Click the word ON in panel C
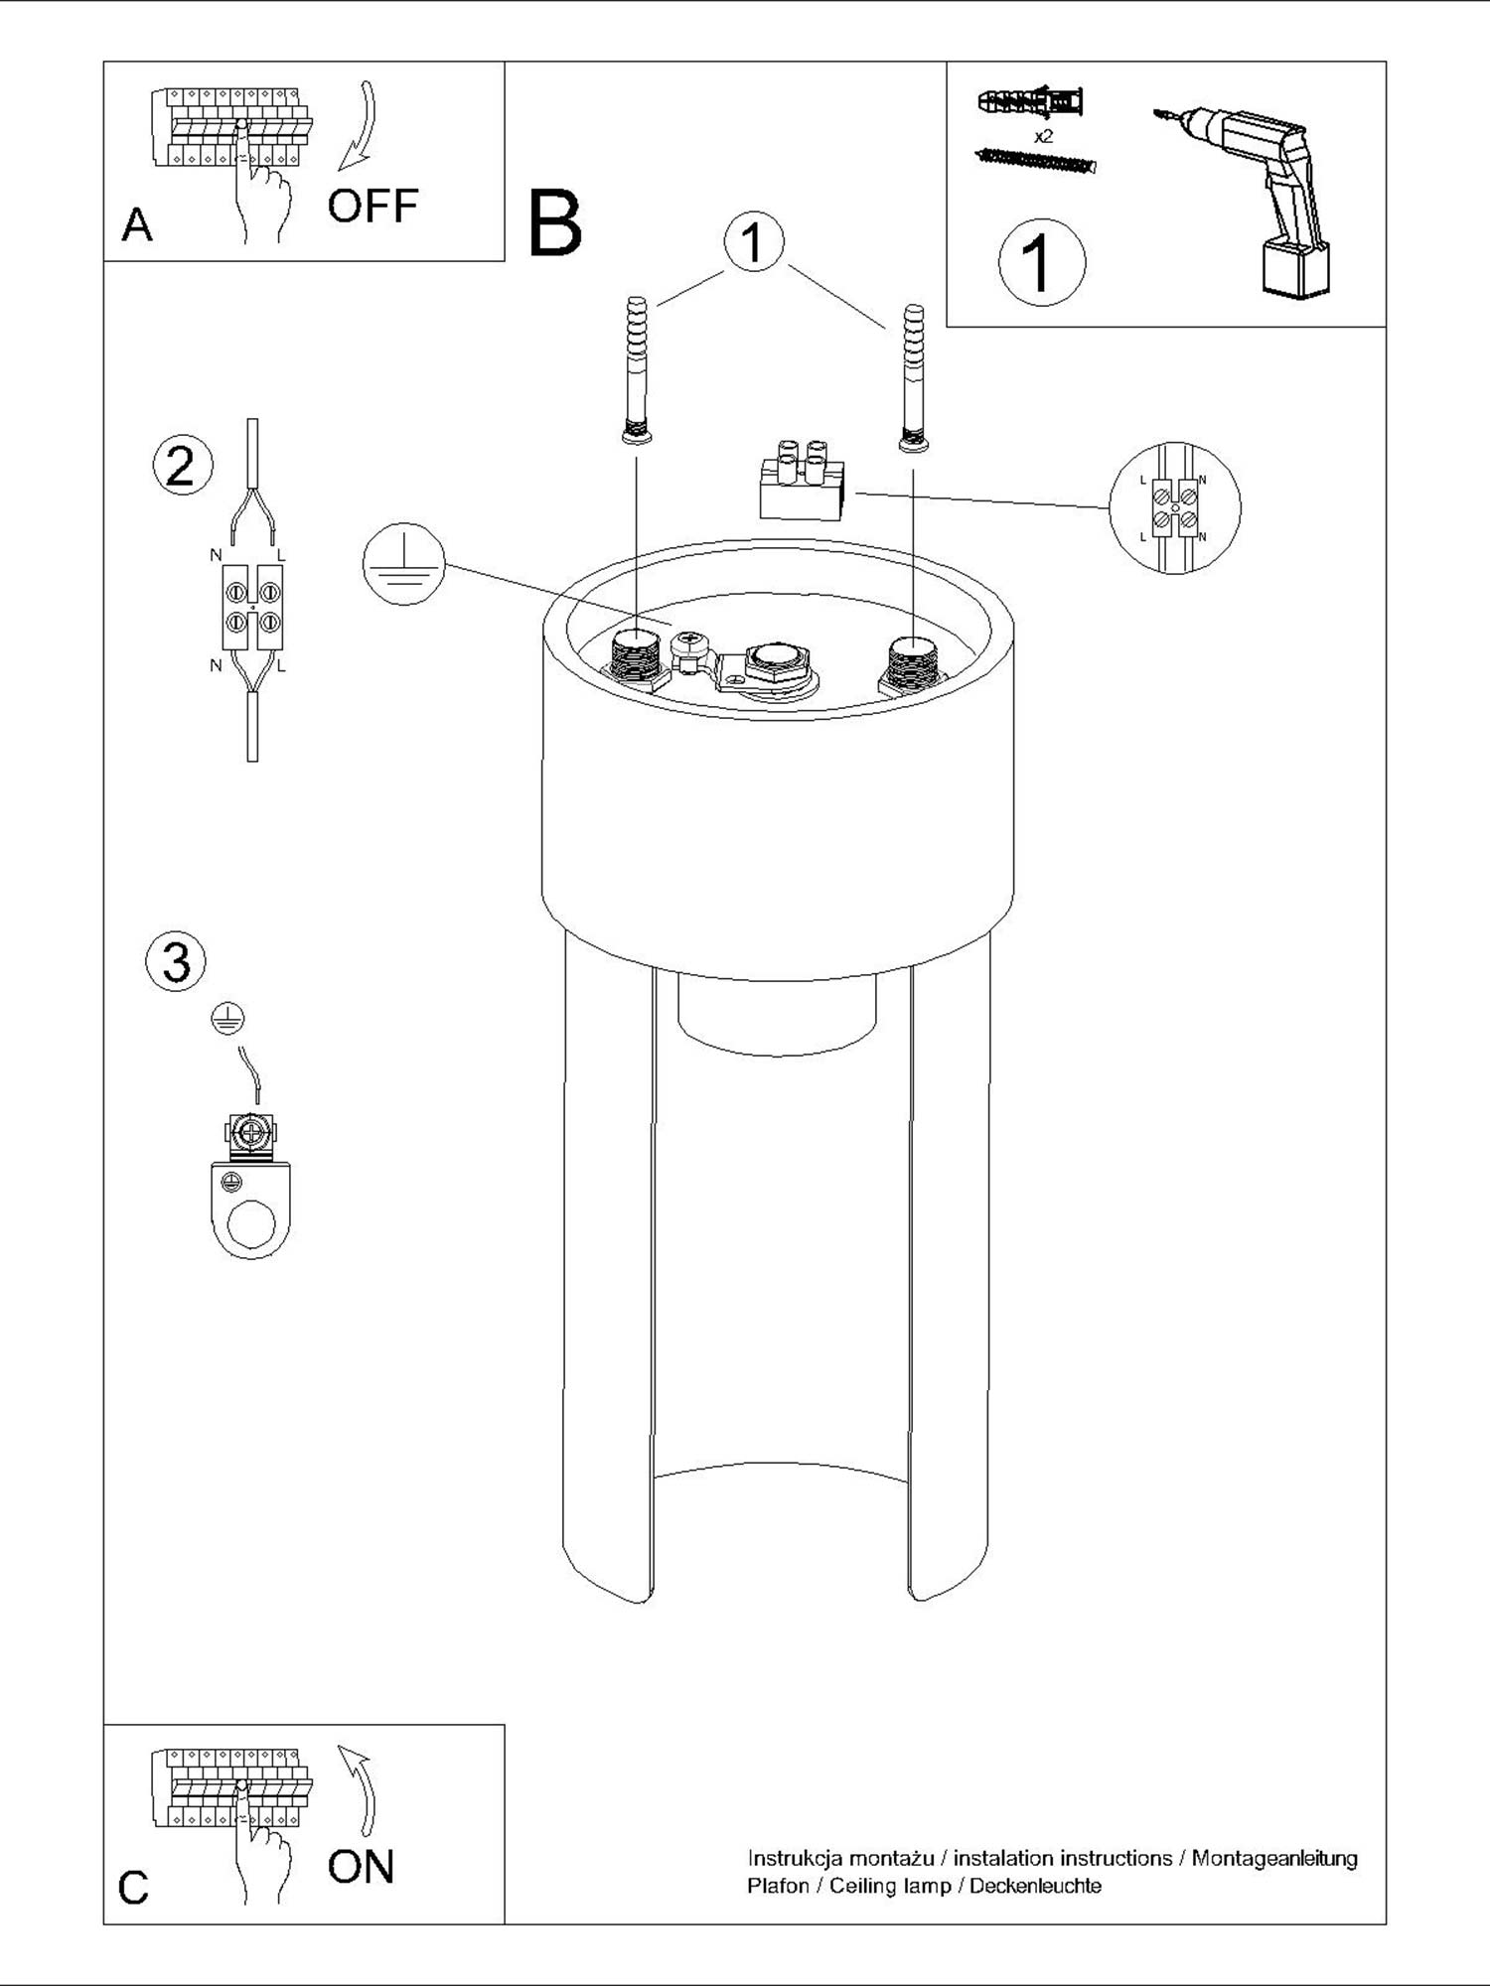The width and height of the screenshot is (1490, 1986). coord(362,1867)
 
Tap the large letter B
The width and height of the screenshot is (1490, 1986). coord(555,224)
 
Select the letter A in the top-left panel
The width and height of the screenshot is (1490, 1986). coord(137,225)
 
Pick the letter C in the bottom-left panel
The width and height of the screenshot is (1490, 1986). coord(134,1888)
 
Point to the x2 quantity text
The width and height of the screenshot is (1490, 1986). coord(1043,137)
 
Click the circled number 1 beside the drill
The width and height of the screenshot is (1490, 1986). coord(1042,263)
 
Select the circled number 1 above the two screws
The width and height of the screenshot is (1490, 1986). coord(754,242)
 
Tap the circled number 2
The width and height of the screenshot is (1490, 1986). coord(182,465)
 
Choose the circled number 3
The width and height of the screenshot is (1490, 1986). coord(176,962)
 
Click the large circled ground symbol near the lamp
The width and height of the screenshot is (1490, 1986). coord(404,565)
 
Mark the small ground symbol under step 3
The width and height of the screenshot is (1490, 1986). coord(228,1019)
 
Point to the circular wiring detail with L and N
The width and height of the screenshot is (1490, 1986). coord(1175,507)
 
